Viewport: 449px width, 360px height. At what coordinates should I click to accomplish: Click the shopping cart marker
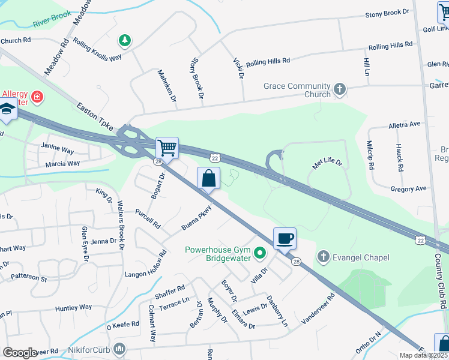coord(167,147)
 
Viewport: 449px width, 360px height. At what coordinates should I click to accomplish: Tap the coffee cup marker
coord(285,238)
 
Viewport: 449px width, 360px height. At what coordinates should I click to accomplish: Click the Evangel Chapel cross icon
coord(323,257)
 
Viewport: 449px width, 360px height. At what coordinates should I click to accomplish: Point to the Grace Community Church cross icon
coord(340,90)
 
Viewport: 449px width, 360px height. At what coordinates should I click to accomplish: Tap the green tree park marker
coord(124,41)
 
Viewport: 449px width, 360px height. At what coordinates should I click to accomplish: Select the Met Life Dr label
coord(327,163)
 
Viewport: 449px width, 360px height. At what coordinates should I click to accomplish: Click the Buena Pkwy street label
coord(197,219)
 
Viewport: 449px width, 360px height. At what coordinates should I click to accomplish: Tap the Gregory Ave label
coord(408,188)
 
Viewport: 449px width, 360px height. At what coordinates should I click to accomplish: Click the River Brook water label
coord(52,22)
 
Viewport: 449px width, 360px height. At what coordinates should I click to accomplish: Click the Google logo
coord(19,353)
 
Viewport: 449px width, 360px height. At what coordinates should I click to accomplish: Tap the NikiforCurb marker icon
coord(120,348)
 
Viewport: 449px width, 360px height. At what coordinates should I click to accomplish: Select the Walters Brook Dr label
coord(121,226)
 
